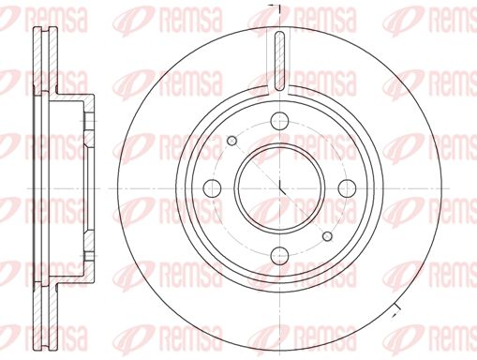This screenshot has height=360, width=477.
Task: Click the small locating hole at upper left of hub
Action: (x=232, y=140)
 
